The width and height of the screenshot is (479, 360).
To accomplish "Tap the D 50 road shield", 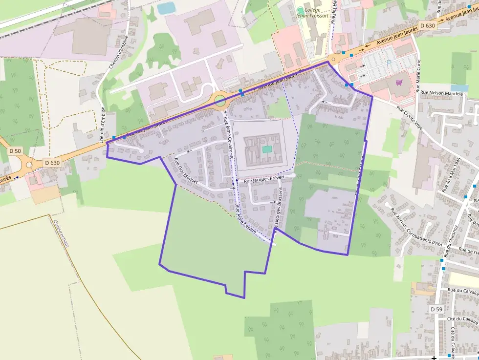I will pyautogui.click(x=15, y=151).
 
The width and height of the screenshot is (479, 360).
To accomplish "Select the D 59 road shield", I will pyautogui.click(x=436, y=309).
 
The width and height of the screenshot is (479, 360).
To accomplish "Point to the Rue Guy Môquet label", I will pyautogui.click(x=185, y=170).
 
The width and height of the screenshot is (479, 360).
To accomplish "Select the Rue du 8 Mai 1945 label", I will pyautogui.click(x=451, y=174).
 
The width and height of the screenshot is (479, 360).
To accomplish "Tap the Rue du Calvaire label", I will pyautogui.click(x=462, y=291).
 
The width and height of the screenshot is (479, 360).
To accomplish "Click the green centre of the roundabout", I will pyautogui.click(x=220, y=101).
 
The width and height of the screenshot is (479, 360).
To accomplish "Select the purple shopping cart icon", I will pyautogui.click(x=399, y=82).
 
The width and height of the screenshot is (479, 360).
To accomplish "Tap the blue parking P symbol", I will pyautogui.click(x=389, y=63).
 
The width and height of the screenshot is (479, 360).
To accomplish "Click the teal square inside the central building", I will pyautogui.click(x=266, y=149).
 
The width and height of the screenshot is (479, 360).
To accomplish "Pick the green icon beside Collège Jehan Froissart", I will pyautogui.click(x=300, y=10).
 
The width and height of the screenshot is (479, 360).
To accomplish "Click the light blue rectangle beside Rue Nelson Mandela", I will pyautogui.click(x=459, y=88).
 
